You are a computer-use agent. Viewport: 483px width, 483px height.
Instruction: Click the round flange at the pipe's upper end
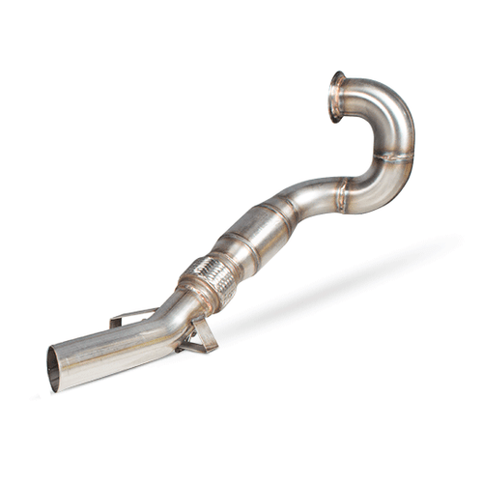(337, 96)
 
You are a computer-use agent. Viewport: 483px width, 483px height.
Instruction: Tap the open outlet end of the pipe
(54, 368)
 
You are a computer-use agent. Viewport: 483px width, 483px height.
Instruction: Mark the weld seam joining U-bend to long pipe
(343, 196)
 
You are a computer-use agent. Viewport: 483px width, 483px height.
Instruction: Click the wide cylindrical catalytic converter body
(253, 238)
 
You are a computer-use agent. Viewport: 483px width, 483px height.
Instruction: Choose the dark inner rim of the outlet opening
(50, 369)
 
